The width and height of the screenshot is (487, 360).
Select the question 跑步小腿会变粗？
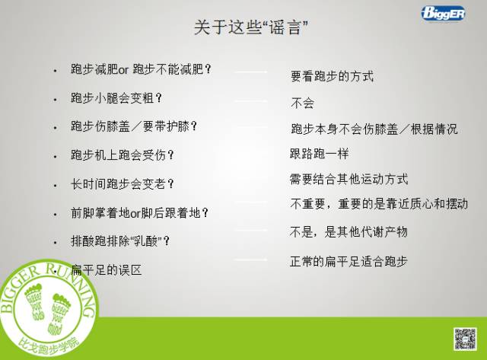tap(116, 98)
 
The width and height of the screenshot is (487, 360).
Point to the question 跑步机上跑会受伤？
tap(123, 155)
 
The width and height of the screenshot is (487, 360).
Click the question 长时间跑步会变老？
tap(123, 183)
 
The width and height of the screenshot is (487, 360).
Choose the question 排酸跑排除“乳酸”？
tap(120, 241)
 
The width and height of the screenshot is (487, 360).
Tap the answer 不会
tap(302, 103)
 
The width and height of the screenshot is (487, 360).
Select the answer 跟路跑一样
tap(320, 154)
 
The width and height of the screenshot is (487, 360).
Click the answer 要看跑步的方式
tap(332, 77)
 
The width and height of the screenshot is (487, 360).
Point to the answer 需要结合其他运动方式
tap(349, 180)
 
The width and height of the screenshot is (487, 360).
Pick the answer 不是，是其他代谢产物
tap(349, 231)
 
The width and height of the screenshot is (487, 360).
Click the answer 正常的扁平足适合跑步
tap(349, 261)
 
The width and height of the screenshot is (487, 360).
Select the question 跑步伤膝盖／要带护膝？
tap(138, 126)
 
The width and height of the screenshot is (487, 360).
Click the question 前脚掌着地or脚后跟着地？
tap(139, 213)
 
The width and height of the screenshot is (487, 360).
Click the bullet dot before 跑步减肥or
tap(56, 70)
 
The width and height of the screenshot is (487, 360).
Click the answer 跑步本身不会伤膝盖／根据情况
tap(374, 129)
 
